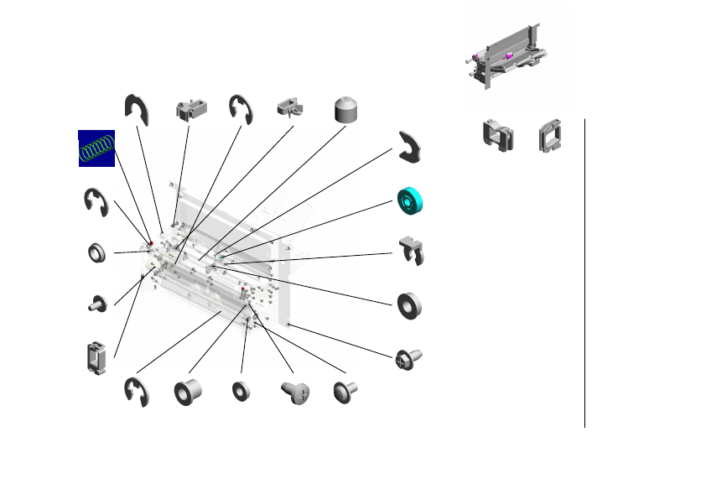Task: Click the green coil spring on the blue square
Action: click(x=96, y=148)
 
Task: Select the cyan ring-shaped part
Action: click(x=411, y=200)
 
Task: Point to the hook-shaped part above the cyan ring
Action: click(x=412, y=148)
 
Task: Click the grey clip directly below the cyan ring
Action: click(x=411, y=251)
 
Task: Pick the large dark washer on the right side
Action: click(x=409, y=304)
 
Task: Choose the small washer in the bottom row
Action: click(x=241, y=390)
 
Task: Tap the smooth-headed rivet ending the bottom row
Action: click(x=345, y=391)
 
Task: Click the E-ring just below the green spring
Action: click(x=96, y=203)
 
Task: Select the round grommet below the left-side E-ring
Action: click(x=97, y=252)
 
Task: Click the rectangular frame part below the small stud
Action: click(x=96, y=358)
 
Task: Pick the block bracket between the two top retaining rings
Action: click(x=191, y=110)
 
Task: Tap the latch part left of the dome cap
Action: click(x=291, y=108)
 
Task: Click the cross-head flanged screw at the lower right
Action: click(x=407, y=360)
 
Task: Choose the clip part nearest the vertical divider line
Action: click(x=550, y=136)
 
